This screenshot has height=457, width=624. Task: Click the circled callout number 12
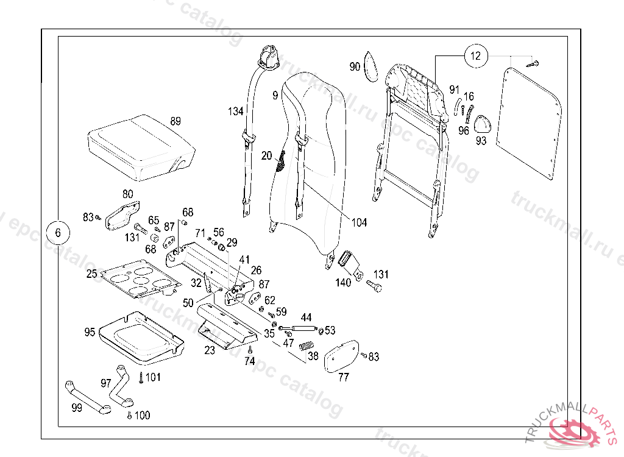(476, 56)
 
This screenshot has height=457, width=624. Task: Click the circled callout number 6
(58, 232)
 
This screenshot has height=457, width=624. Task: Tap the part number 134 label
(236, 112)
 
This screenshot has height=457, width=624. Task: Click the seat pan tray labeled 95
(141, 335)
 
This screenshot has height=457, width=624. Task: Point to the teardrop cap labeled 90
(371, 66)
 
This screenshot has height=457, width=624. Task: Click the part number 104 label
(359, 222)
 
